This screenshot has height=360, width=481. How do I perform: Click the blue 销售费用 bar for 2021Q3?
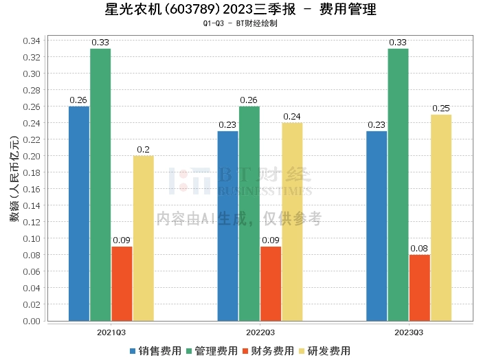click(x=79, y=213)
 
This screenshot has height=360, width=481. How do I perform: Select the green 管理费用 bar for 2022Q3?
click(x=249, y=213)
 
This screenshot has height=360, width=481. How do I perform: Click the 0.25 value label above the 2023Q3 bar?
click(x=441, y=109)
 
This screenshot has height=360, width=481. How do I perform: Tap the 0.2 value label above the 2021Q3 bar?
click(x=144, y=150)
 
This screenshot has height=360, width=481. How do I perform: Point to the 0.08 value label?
click(x=419, y=249)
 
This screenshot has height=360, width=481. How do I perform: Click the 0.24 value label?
click(x=292, y=117)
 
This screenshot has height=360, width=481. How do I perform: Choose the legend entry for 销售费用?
click(x=155, y=350)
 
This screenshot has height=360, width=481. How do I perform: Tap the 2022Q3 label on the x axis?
click(x=260, y=332)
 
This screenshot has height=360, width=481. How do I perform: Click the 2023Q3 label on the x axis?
click(x=409, y=332)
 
